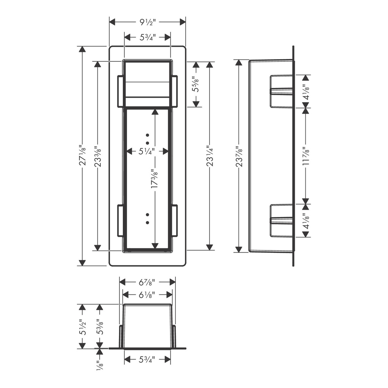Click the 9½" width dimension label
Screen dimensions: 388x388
coord(148,22)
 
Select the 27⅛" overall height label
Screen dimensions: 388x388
coord(83,155)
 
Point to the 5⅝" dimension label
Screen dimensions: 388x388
coord(196,84)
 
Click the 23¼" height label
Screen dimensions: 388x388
coord(210,155)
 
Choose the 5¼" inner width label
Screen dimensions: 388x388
coord(147,151)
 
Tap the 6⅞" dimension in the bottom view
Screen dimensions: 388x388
coord(147,282)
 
